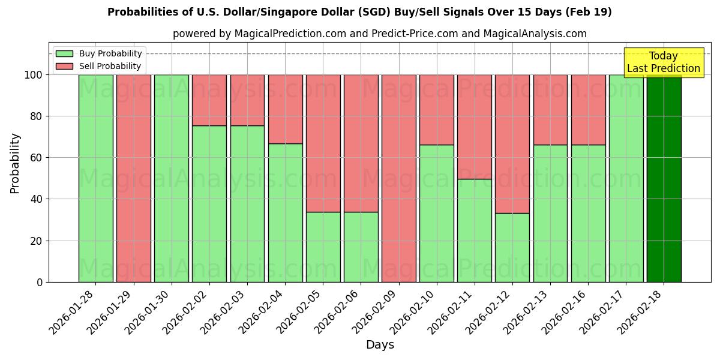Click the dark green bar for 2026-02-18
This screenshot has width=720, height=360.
click(664, 178)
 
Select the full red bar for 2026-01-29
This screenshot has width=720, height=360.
click(133, 178)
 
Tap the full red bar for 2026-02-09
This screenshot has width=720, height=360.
click(398, 178)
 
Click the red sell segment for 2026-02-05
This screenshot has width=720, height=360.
click(323, 143)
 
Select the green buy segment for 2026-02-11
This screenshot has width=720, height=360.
click(475, 230)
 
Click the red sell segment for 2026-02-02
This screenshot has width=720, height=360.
click(209, 100)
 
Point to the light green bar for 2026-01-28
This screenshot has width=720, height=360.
click(95, 178)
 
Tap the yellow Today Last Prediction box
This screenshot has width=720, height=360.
click(663, 62)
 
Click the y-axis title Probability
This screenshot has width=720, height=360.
click(15, 163)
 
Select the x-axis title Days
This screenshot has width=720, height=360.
click(380, 345)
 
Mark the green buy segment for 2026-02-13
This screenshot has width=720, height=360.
click(550, 213)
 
